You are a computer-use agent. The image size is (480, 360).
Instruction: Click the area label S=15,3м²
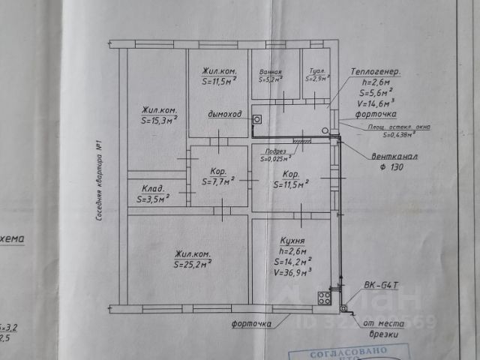158,118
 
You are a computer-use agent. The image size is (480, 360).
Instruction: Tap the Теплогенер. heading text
375,72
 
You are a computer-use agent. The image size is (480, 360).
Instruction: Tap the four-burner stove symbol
324,298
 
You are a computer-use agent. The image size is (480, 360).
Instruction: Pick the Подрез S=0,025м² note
276,154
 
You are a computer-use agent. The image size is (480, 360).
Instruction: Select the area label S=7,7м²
217,181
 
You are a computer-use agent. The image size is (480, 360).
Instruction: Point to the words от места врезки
383,330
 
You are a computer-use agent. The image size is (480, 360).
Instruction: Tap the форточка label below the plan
250,324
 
